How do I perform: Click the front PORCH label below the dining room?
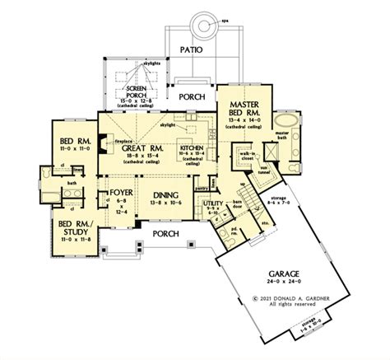tap(165, 233)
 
